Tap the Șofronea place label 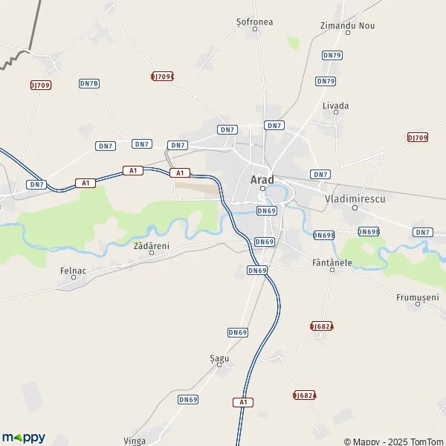coord(255,22)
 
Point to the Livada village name coord(335,106)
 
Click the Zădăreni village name coord(151,245)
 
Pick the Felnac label coord(74,270)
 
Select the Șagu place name coord(219,358)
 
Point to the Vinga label coord(135,440)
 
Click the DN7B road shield coord(89,83)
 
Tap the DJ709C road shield coord(162,76)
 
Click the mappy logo coord(23,437)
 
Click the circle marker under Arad coord(262,189)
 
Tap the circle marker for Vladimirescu coord(355,207)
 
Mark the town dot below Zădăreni coord(152,253)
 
